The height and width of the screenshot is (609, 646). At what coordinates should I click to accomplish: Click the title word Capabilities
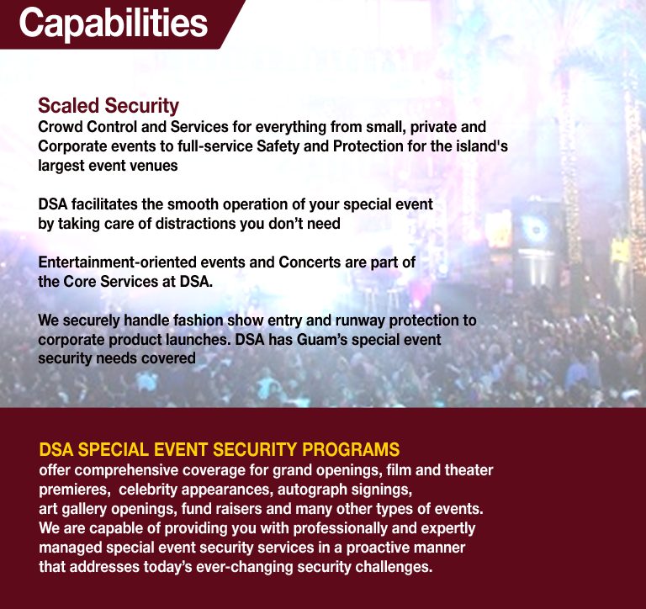pyautogui.click(x=114, y=24)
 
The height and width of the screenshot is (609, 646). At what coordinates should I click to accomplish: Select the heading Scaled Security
pyautogui.click(x=109, y=106)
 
